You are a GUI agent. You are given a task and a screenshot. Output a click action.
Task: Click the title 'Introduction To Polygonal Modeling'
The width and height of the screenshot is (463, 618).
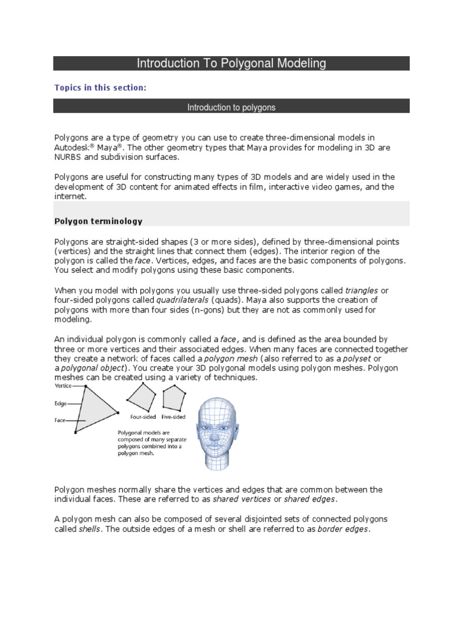[x=231, y=63]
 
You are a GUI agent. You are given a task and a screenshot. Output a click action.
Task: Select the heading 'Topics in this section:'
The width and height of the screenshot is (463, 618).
[x=101, y=88]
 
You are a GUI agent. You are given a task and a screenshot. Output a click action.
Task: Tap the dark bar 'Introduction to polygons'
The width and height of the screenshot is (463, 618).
[x=231, y=107]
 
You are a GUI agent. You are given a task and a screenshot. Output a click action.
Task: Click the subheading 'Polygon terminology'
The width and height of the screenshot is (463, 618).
[x=99, y=221]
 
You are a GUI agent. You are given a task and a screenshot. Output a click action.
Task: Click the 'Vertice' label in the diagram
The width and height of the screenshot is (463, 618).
[x=63, y=385]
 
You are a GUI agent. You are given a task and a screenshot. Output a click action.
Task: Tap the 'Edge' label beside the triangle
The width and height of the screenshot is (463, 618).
[x=60, y=403]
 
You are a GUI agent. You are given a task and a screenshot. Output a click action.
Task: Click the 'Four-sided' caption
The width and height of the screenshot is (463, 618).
[x=143, y=417]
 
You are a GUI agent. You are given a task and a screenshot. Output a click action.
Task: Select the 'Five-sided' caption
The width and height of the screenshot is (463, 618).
[x=173, y=417]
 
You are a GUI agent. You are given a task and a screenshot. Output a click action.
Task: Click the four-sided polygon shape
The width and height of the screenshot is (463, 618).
[x=142, y=397]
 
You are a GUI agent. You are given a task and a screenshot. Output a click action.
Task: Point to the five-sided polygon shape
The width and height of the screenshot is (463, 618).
[x=174, y=397]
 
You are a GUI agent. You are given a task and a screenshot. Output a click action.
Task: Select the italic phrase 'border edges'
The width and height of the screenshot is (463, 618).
[x=343, y=529]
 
